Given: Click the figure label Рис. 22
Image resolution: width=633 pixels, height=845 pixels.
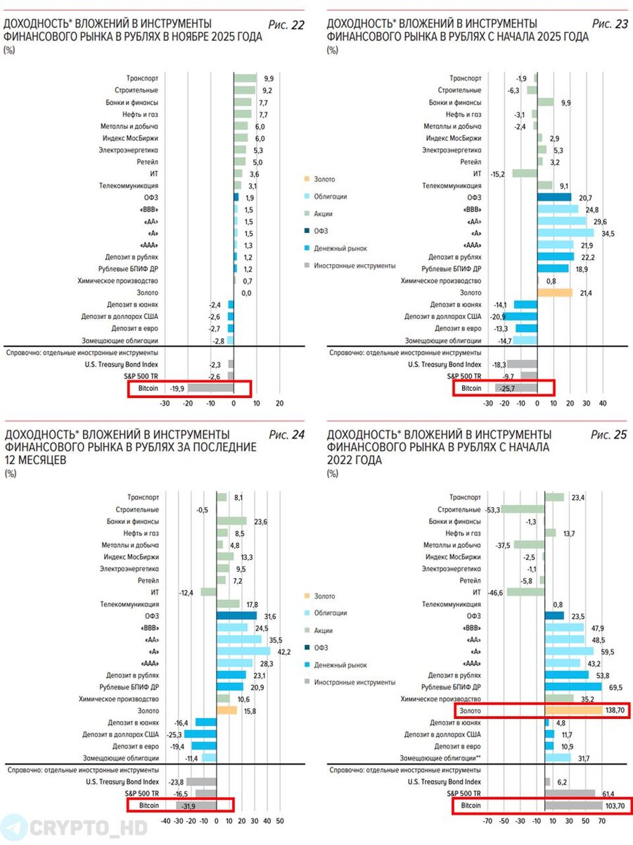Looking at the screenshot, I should (287, 25).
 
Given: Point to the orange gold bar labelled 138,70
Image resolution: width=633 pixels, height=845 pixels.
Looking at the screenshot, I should (573, 711).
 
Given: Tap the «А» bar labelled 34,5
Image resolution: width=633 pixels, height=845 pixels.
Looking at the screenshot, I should (565, 232).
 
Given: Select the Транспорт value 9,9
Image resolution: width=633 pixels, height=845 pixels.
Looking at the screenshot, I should (269, 78).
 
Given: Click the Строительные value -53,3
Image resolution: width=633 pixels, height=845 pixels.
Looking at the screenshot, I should (492, 509).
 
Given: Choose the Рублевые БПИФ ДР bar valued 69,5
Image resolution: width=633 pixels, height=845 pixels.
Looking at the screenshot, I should (573, 687).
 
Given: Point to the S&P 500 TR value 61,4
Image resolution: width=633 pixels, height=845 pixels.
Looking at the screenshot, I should (606, 793).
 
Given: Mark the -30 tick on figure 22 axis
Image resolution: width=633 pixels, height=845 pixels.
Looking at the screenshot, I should (165, 403).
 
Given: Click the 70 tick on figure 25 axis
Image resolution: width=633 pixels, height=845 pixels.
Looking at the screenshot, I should (602, 821).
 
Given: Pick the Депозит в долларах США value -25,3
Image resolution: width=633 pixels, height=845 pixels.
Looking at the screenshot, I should (172, 734).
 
